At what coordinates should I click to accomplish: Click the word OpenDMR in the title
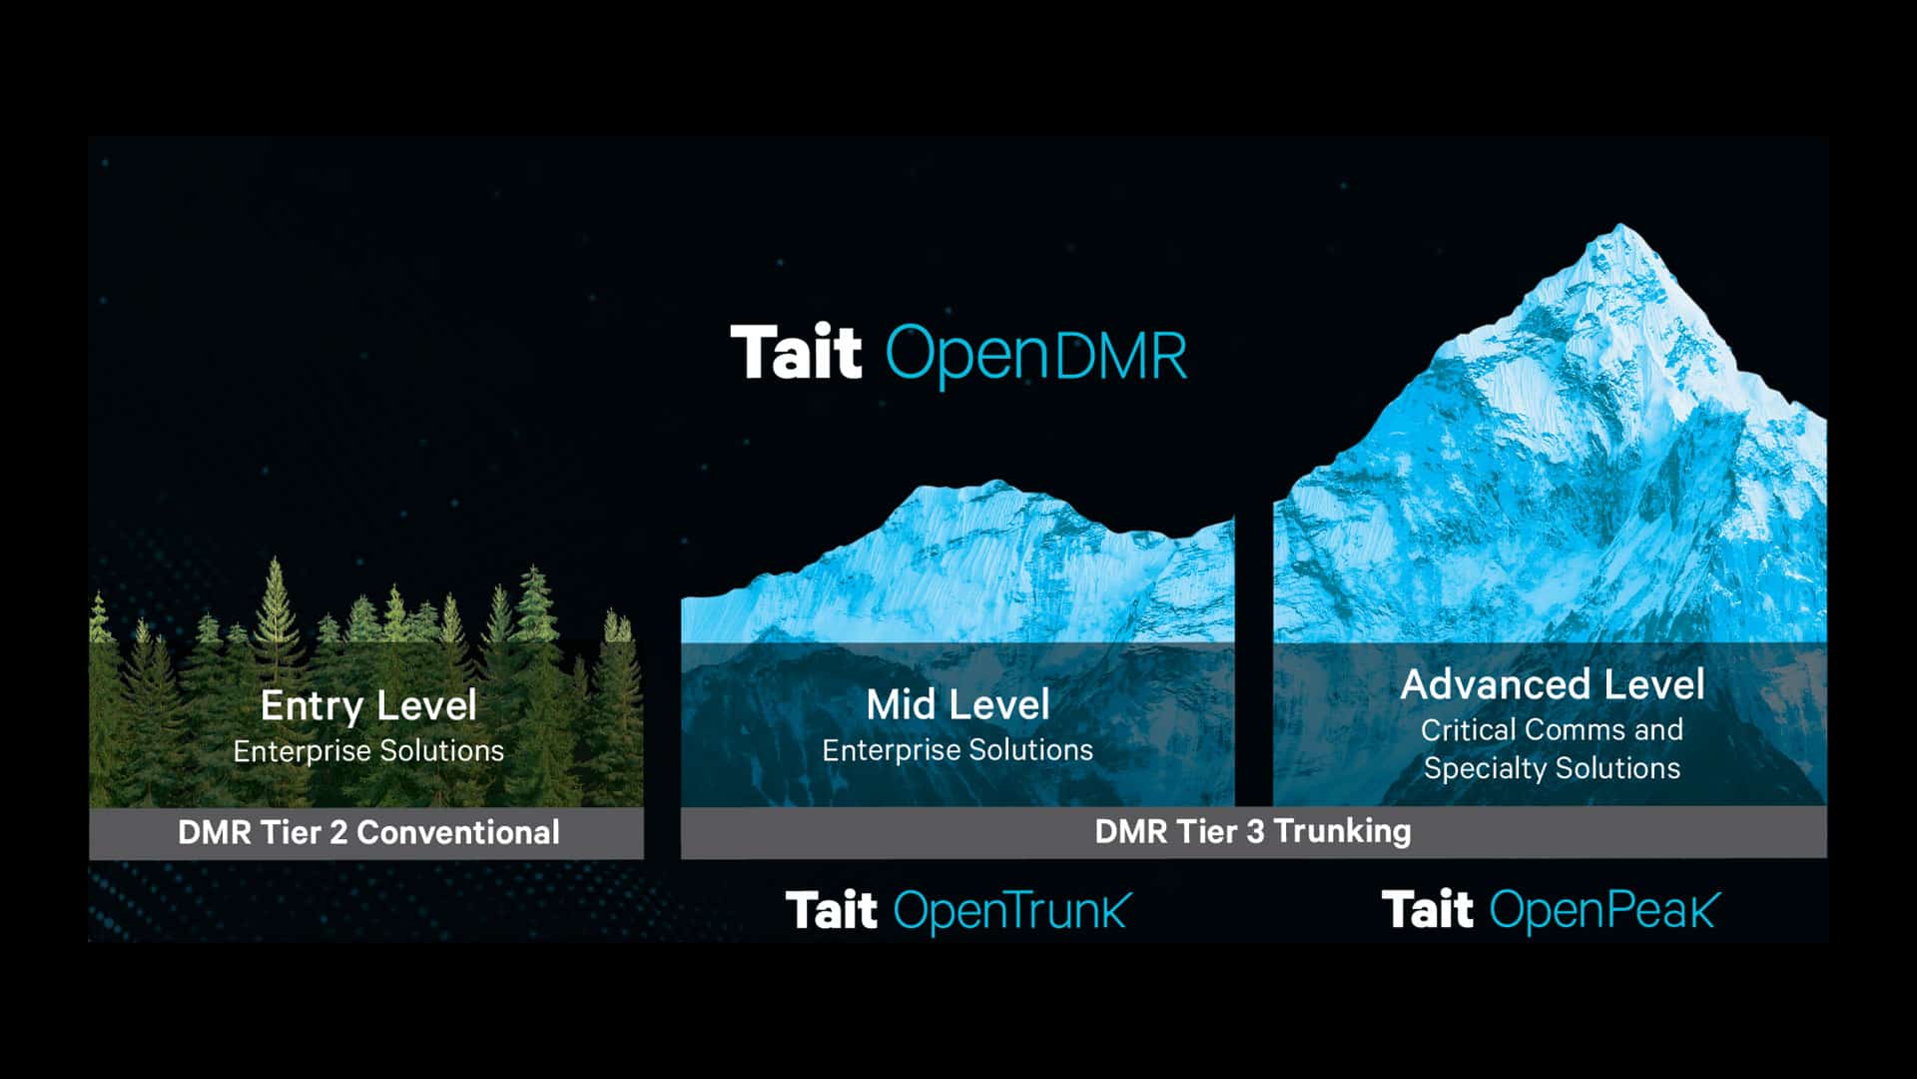[x=1036, y=355]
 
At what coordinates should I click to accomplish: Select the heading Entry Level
[x=368, y=705]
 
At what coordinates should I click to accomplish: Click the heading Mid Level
[x=958, y=704]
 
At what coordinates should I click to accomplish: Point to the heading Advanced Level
[x=1553, y=684]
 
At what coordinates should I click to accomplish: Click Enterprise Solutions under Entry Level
[x=368, y=750]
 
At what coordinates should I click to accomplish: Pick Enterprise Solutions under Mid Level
[x=958, y=749]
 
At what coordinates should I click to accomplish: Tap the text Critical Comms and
[x=1552, y=729]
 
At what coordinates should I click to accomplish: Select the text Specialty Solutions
[x=1552, y=767]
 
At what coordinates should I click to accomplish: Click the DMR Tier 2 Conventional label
[x=368, y=832]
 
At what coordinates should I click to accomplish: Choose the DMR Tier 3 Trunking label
[x=1252, y=830]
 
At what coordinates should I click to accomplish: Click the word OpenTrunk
[x=1012, y=911]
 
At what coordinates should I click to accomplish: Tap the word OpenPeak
[x=1604, y=910]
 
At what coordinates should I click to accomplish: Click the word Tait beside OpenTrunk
[x=831, y=910]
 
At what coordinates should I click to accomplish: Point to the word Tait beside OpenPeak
[x=1427, y=909]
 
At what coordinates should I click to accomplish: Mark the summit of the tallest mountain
[x=1619, y=225]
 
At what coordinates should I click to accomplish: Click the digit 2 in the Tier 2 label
[x=337, y=832]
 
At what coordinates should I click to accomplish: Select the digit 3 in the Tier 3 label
[x=1255, y=831]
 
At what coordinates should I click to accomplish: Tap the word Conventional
[x=458, y=832]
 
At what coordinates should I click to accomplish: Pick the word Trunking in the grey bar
[x=1343, y=831]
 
